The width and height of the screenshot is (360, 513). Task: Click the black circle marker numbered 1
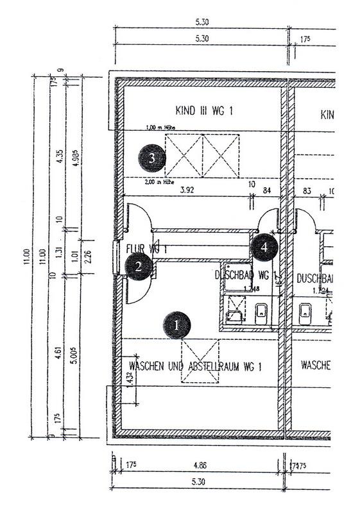[x=178, y=325]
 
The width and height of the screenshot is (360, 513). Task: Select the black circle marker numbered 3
[x=151, y=158]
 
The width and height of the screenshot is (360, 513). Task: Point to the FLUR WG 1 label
[x=147, y=248]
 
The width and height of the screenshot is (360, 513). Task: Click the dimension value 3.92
[x=187, y=190]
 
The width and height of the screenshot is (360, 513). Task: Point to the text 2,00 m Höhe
[x=160, y=182]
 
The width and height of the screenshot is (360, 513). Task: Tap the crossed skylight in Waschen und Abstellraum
[x=200, y=362]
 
